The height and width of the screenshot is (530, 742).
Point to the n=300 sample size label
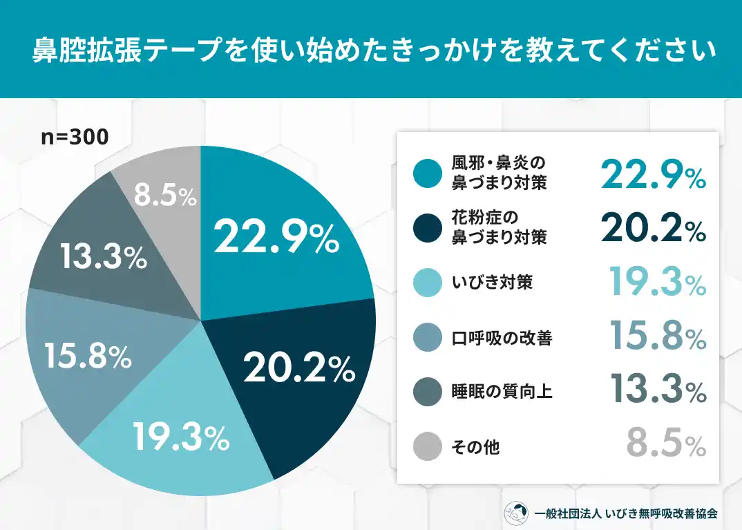74,138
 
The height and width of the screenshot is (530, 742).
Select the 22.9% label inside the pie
276,238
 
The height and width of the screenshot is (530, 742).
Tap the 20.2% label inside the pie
299,370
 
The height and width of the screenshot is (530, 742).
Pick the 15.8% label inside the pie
88,356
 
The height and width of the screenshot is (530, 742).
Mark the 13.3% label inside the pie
103,257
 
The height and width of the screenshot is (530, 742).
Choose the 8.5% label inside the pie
165,197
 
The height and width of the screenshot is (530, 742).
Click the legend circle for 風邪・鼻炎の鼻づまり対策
428,173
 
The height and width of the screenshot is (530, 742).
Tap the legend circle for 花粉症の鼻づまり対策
428,228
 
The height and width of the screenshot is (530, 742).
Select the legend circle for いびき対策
428,283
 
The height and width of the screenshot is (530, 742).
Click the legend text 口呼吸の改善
502,338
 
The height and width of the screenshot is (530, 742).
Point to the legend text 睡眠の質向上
502,392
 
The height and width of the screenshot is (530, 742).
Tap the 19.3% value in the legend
657,283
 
